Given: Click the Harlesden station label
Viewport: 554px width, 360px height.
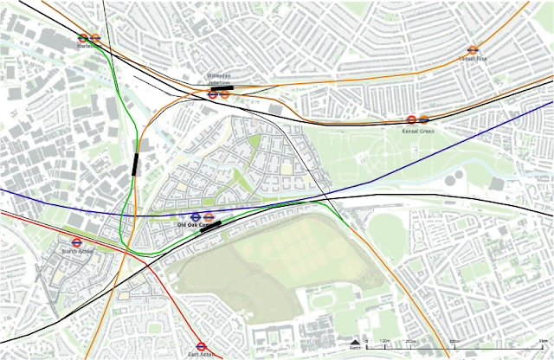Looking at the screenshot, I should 87,47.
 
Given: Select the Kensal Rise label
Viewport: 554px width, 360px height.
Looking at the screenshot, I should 473,59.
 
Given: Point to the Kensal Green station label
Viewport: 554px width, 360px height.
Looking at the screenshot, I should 417,130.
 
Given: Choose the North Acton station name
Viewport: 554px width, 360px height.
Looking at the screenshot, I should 75,252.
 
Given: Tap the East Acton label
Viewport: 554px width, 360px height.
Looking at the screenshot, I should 201,354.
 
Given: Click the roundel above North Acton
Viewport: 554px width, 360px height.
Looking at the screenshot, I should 76,243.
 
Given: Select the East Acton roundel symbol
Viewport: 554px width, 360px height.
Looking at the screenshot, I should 201,344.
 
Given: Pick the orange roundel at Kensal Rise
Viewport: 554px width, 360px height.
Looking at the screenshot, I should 473,50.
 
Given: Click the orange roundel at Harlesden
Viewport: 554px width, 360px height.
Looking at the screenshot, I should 95,38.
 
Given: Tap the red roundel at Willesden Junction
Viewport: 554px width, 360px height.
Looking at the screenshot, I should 213,94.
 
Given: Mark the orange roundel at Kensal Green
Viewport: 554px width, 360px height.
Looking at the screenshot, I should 423,120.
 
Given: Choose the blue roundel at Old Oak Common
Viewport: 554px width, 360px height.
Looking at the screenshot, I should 196,216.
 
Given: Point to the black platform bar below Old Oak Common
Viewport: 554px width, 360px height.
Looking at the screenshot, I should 210,227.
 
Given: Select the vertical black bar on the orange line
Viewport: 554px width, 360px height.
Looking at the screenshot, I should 136,164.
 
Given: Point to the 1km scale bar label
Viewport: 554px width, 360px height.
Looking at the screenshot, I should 542,344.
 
